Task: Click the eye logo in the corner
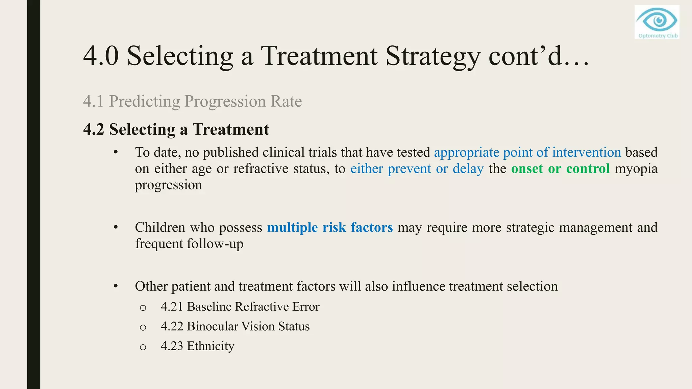click(x=657, y=19)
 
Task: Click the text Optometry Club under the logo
click(x=658, y=36)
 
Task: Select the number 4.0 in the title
click(x=101, y=56)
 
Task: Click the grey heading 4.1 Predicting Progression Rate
click(x=192, y=101)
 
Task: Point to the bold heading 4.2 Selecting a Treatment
click(x=176, y=129)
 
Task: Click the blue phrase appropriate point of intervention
click(x=527, y=152)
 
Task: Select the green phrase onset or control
click(x=560, y=168)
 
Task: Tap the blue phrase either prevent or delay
click(x=417, y=168)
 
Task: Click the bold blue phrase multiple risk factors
click(x=330, y=227)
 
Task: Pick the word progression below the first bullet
click(x=168, y=185)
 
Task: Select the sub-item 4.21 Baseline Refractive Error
click(x=240, y=307)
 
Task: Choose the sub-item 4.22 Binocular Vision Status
click(x=235, y=327)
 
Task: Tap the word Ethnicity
click(x=211, y=346)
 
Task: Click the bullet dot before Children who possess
click(x=116, y=227)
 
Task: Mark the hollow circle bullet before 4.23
click(x=143, y=347)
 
